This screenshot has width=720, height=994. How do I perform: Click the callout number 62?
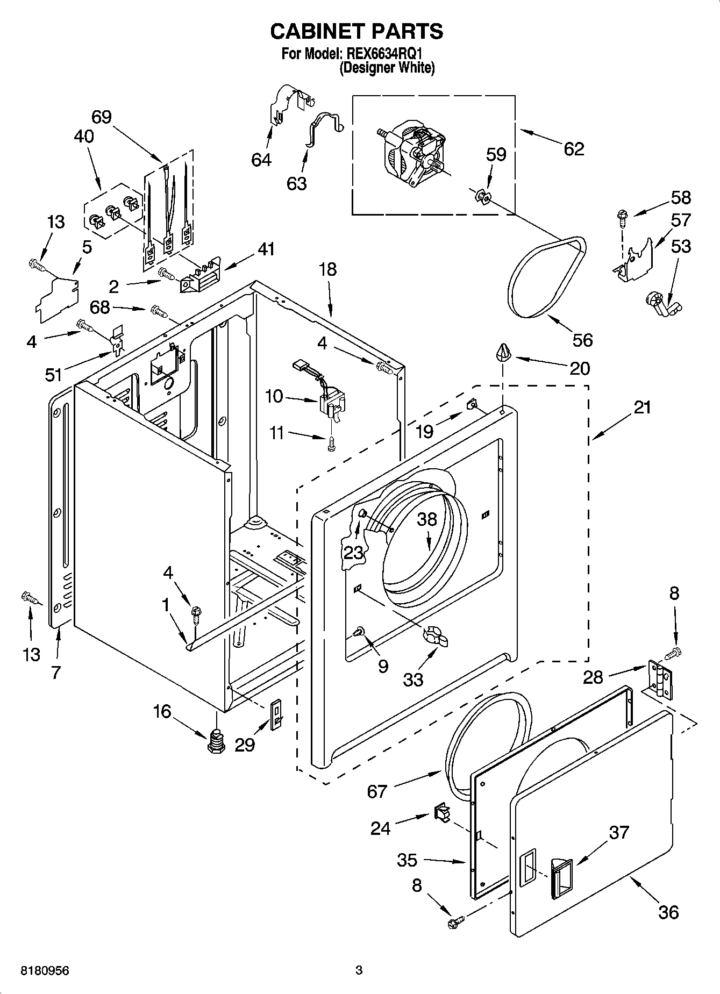tap(574, 149)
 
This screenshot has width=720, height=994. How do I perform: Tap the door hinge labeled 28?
tap(660, 679)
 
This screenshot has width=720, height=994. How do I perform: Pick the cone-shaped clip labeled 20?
tap(503, 353)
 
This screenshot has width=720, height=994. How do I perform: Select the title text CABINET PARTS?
tap(357, 31)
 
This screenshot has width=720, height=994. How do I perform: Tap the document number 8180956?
tap(45, 970)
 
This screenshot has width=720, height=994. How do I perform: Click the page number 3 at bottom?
tap(359, 970)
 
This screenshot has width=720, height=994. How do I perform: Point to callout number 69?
tap(101, 117)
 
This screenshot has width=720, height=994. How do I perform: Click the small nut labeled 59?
tap(483, 197)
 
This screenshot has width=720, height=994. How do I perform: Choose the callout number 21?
tap(641, 408)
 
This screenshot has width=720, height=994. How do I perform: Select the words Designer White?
tap(387, 68)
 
